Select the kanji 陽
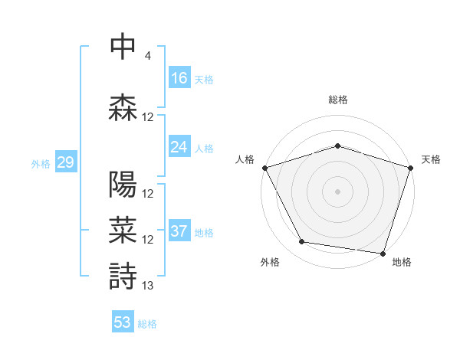[x=123, y=185]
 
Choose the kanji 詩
[x=123, y=276]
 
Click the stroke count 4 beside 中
[x=147, y=56]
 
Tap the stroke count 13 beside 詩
[x=148, y=286]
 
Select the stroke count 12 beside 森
[x=148, y=117]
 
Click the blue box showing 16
[x=179, y=77]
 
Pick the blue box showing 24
[x=179, y=146]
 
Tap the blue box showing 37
[x=179, y=231]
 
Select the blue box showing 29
[x=65, y=162]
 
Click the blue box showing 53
[x=123, y=322]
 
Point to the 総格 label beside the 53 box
[x=147, y=324]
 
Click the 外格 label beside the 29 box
[x=41, y=163]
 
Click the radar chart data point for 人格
[x=264, y=168]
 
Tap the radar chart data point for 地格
[x=383, y=253]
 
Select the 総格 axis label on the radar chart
[x=338, y=100]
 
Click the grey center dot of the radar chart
[x=337, y=191]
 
